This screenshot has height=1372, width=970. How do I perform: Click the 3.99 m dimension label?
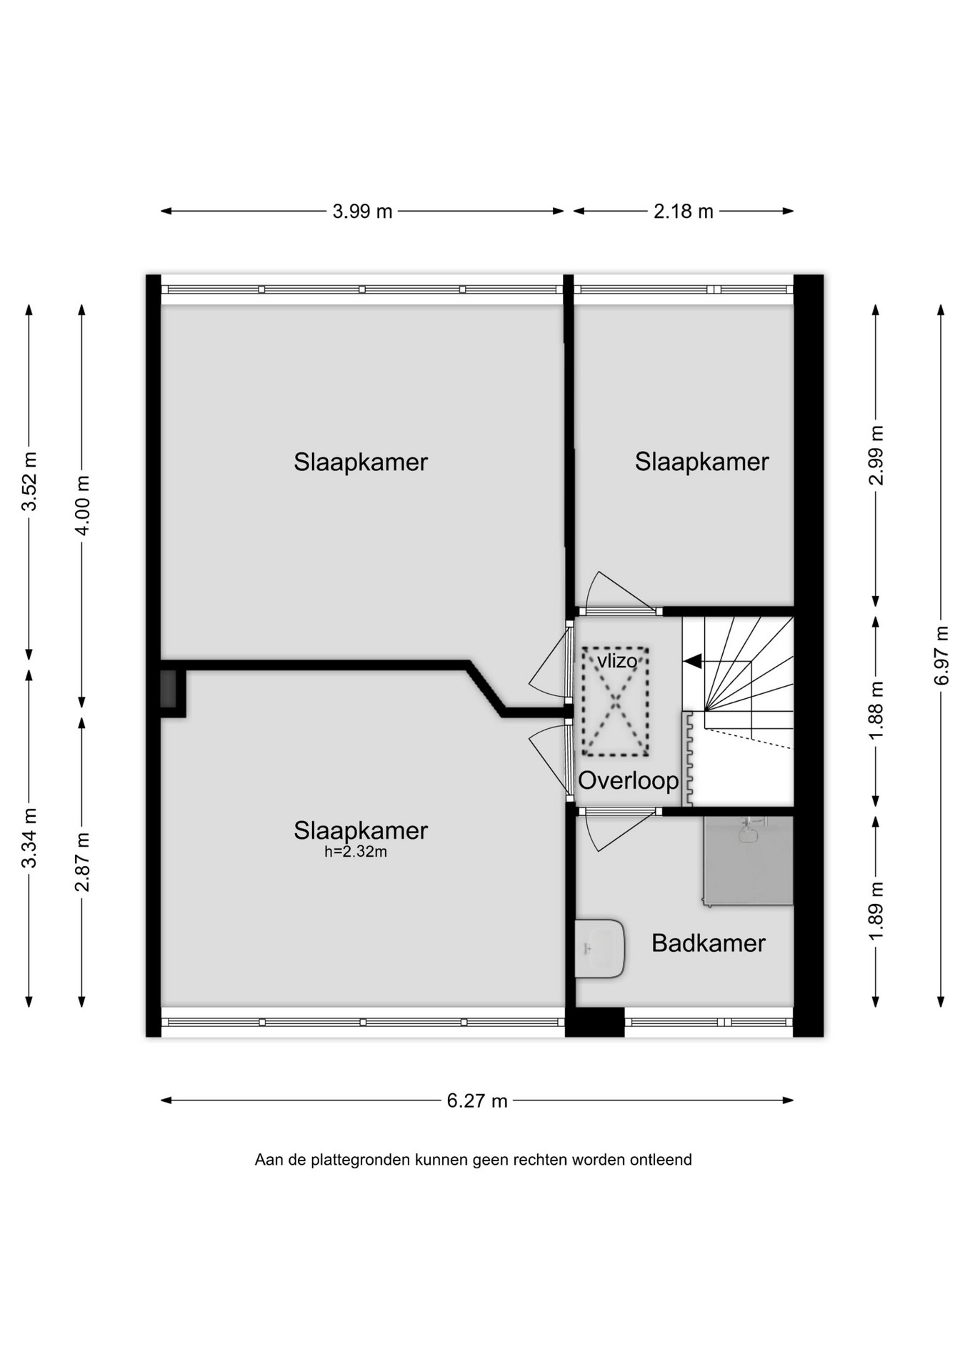point(362,212)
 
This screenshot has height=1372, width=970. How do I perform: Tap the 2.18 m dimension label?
point(684,212)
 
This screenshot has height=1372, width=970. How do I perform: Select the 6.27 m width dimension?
point(477,1101)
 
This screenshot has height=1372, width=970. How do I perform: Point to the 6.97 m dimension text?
point(942,655)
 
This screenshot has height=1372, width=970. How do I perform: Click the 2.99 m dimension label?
point(876,455)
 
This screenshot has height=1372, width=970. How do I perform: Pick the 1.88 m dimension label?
point(876,710)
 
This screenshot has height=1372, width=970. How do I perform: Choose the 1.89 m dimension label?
point(876,911)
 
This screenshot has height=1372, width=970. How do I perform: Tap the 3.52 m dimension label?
point(29,482)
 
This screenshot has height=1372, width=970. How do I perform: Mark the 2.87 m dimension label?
point(82,862)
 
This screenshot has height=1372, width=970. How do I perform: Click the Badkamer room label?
point(709,943)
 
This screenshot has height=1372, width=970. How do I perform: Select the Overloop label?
point(628,780)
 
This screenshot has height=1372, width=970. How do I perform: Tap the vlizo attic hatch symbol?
point(616,702)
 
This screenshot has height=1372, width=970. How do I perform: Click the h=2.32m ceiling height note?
point(356,852)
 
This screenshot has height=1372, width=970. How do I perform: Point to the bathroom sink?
point(600,949)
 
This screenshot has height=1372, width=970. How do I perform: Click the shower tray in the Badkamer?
point(748,861)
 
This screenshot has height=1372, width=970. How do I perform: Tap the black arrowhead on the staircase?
point(692,662)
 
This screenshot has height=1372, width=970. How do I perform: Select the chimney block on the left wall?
point(169,689)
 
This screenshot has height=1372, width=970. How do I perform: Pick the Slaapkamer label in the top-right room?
point(702,462)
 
